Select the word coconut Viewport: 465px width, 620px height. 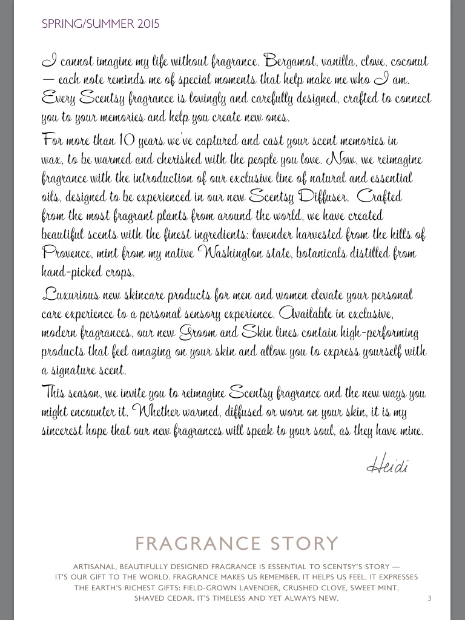[x=407, y=62]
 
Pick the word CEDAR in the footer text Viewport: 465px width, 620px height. [x=177, y=598]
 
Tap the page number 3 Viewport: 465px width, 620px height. [x=429, y=599]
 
